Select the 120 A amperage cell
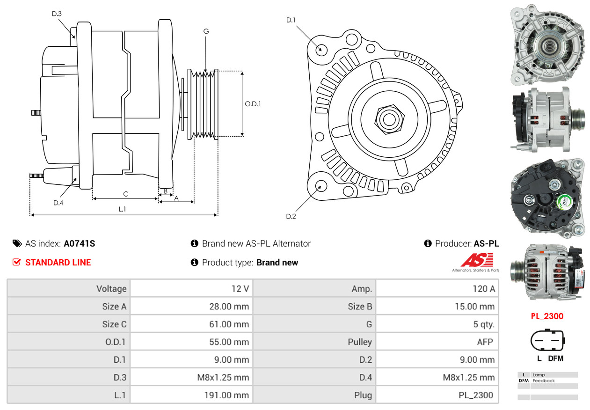(x=483, y=289)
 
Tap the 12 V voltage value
(x=240, y=289)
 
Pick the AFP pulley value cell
(x=485, y=342)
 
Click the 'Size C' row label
(x=114, y=324)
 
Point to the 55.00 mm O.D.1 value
(x=229, y=342)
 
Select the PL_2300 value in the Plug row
(x=476, y=395)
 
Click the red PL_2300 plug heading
(x=547, y=316)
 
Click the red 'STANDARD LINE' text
(x=58, y=263)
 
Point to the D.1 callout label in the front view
(x=291, y=20)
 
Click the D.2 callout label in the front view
(x=291, y=216)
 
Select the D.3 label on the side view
(x=57, y=14)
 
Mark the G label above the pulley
(x=206, y=31)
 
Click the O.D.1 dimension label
(x=253, y=104)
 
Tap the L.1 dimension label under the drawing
(x=122, y=209)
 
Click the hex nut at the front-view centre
(x=388, y=118)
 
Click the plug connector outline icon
(x=546, y=342)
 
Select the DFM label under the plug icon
(x=555, y=359)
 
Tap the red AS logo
(x=477, y=260)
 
